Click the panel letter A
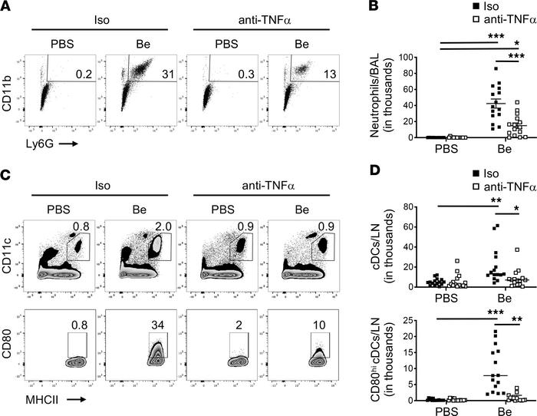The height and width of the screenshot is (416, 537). [6, 6]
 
